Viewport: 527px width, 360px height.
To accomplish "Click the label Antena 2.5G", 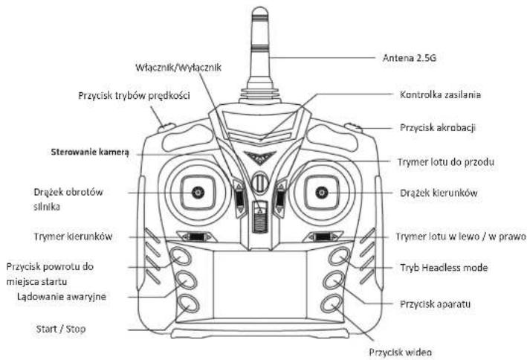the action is pyautogui.click(x=409, y=58).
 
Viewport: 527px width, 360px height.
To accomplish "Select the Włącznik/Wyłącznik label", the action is pyautogui.click(x=178, y=68).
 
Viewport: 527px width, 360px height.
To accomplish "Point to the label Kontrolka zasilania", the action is pyautogui.click(x=440, y=95).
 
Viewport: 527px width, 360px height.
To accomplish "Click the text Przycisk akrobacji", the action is pyautogui.click(x=438, y=128).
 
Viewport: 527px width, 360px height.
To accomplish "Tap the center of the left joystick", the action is pyautogui.click(x=198, y=193).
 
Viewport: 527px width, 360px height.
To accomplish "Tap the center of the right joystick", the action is pyautogui.click(x=322, y=193).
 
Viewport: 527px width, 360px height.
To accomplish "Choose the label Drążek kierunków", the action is pyautogui.click(x=439, y=193).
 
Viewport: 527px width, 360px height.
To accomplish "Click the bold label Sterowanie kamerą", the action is pyautogui.click(x=90, y=152).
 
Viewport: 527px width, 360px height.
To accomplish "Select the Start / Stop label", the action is pyautogui.click(x=61, y=329).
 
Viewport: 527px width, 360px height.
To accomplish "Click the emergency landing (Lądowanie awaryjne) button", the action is pyautogui.click(x=187, y=280).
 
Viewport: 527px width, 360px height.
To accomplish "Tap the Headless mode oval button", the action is pyautogui.click(x=339, y=257).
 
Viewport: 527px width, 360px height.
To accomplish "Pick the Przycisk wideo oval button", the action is pyautogui.click(x=331, y=303).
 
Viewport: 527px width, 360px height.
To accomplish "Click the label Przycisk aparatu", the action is pyautogui.click(x=435, y=304).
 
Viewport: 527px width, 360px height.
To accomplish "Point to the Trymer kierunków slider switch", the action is pyautogui.click(x=197, y=237).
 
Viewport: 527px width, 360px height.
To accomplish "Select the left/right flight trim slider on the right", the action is pyautogui.click(x=323, y=237).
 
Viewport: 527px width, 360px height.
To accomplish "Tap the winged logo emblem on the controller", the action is pyautogui.click(x=260, y=158).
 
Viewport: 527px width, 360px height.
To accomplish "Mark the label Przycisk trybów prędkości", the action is pyautogui.click(x=134, y=96).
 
